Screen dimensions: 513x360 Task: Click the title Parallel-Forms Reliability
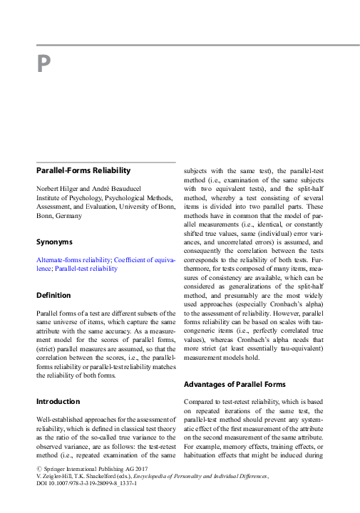pos(83,171)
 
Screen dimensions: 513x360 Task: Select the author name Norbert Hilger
pos(59,187)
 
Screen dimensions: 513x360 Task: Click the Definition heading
pos(53,295)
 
